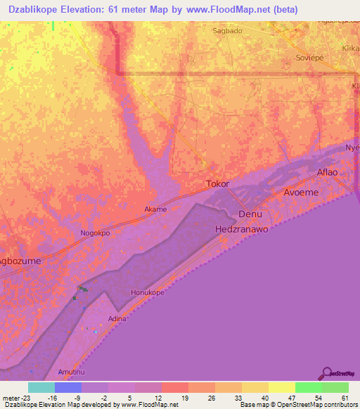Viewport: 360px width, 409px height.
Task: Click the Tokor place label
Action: [x=217, y=184]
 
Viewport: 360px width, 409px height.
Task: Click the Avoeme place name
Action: [x=302, y=192]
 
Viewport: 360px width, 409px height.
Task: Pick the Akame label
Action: [x=155, y=209]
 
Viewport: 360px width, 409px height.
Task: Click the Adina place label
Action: [x=117, y=319]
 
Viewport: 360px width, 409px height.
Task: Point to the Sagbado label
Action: [x=227, y=31]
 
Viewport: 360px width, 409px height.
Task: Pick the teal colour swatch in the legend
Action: [x=41, y=387]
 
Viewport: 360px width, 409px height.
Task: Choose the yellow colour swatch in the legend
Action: [x=282, y=387]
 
